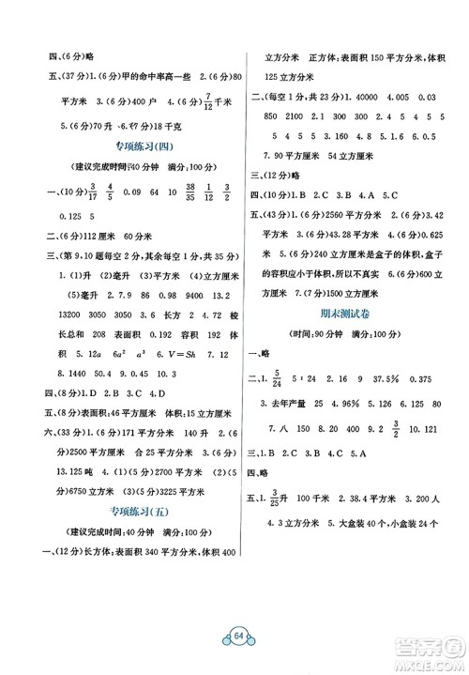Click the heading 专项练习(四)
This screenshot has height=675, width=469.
tap(129, 146)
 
